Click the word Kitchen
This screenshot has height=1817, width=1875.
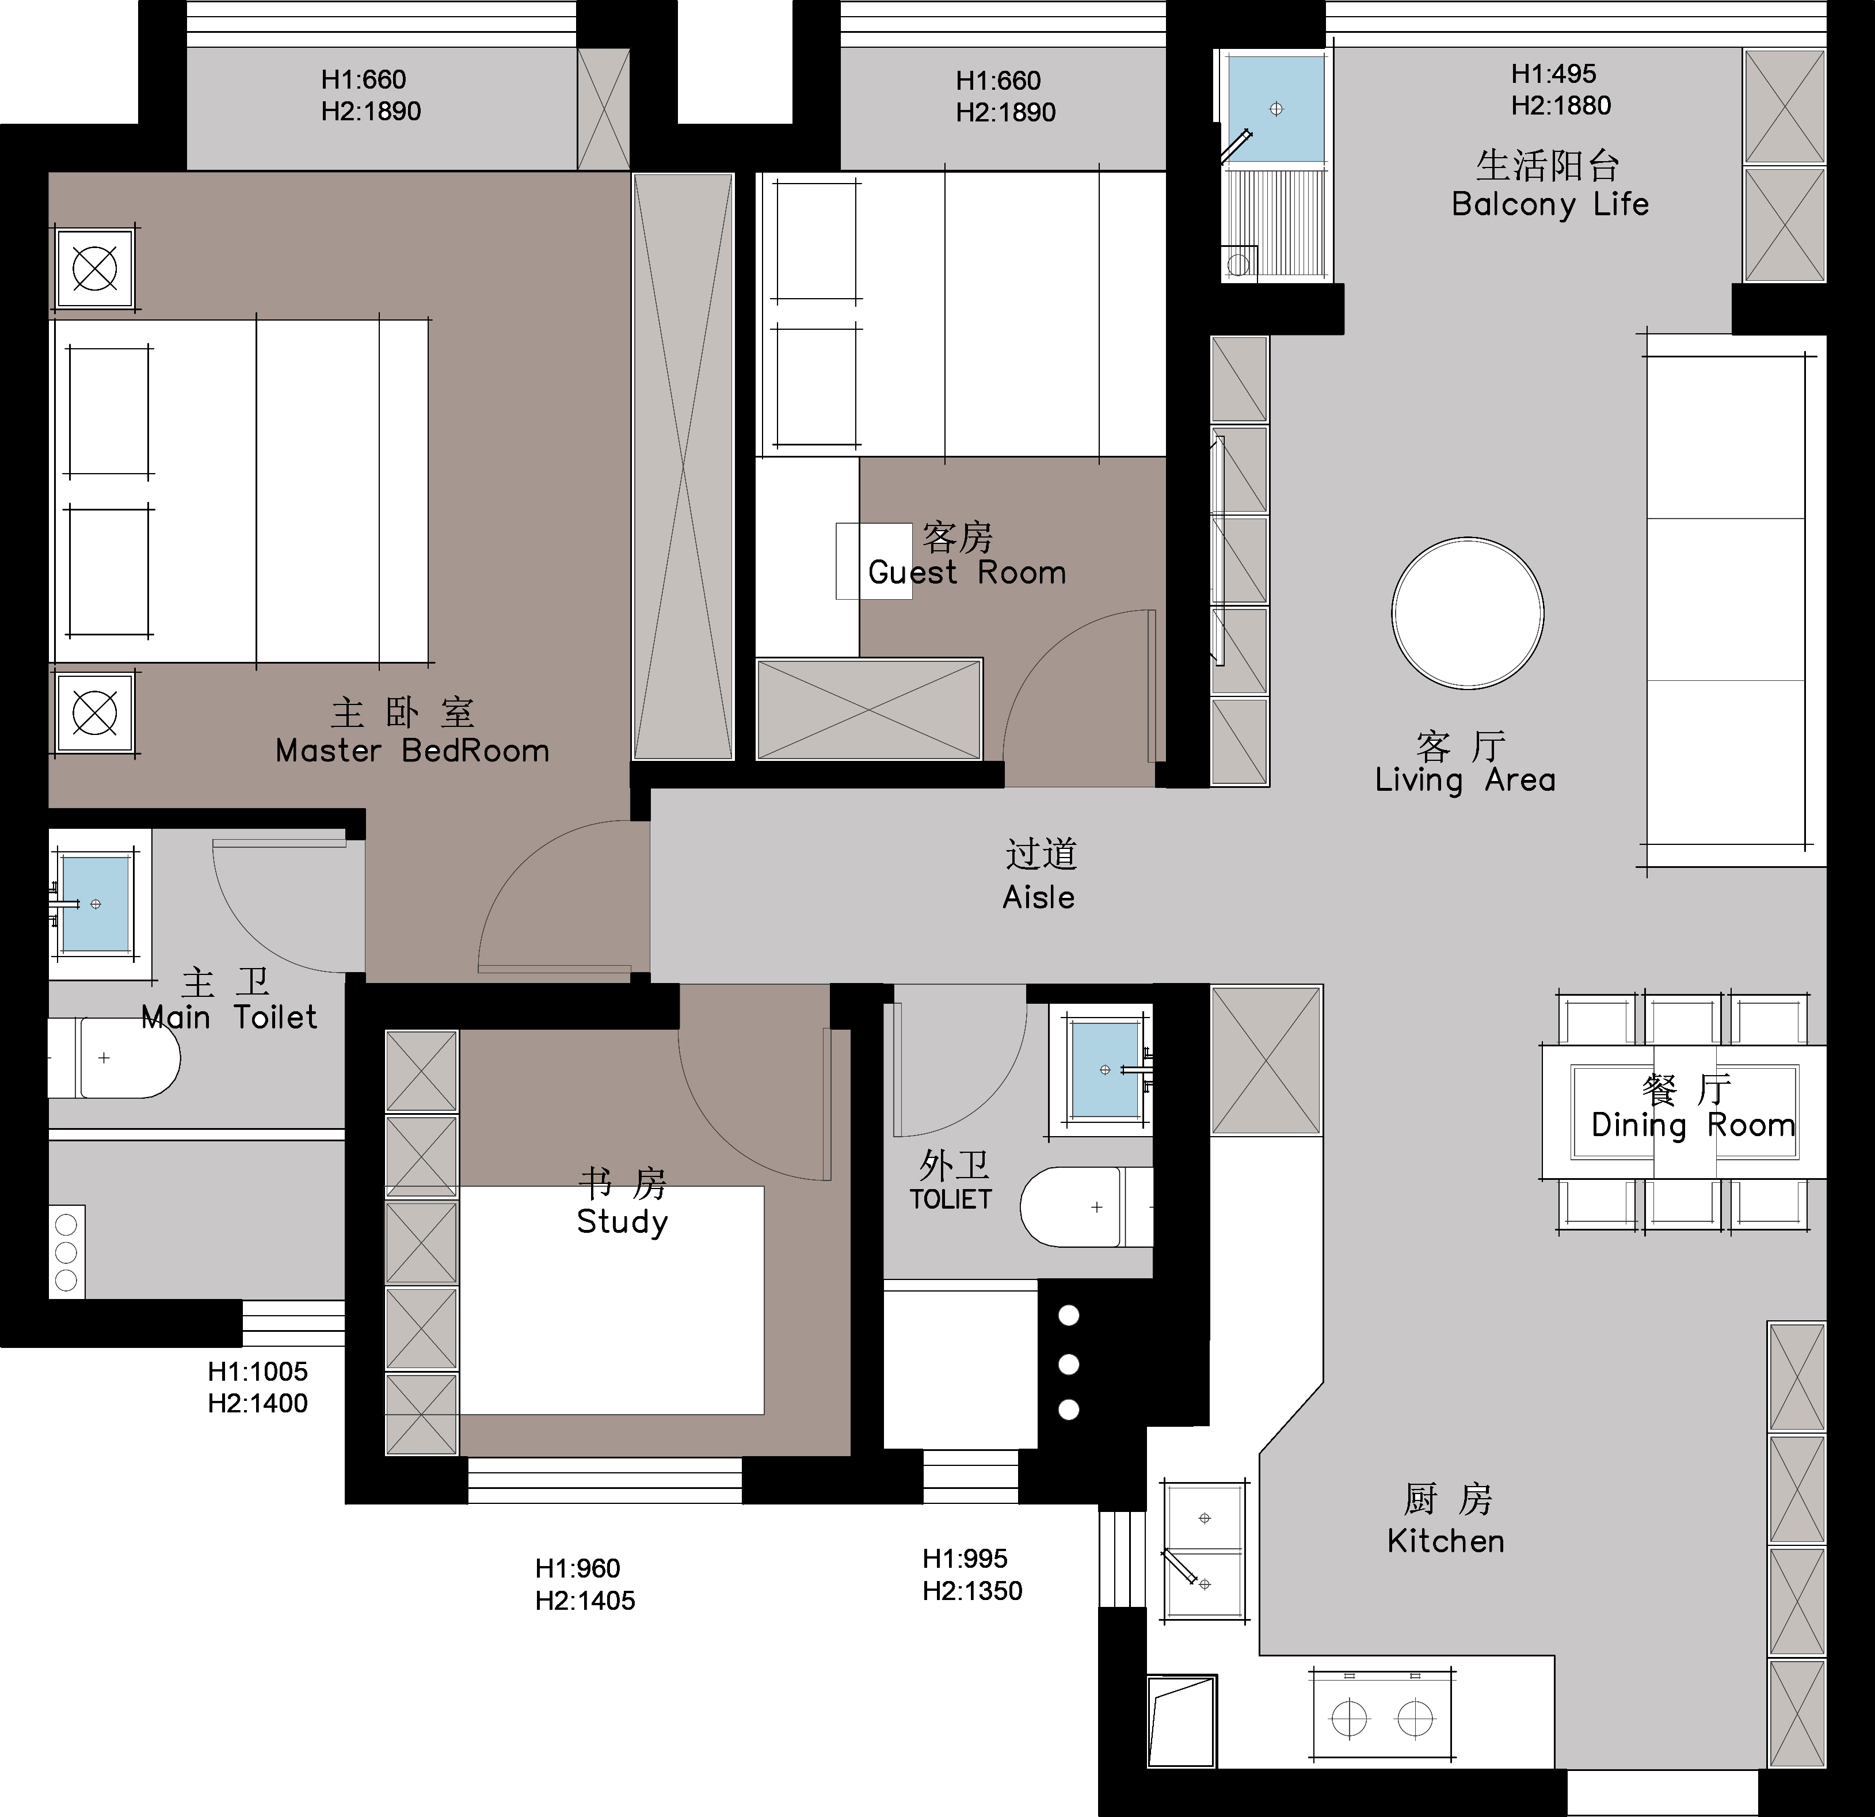pyautogui.click(x=1446, y=1541)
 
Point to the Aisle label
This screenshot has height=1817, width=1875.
pyautogui.click(x=1039, y=897)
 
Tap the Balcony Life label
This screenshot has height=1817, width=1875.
pyautogui.click(x=1550, y=204)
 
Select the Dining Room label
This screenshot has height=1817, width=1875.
pyautogui.click(x=1693, y=1125)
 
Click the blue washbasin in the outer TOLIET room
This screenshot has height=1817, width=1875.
pyautogui.click(x=1106, y=1070)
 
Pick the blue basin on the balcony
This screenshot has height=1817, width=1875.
pyautogui.click(x=1276, y=108)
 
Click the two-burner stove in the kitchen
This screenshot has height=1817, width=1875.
pyautogui.click(x=1382, y=1719)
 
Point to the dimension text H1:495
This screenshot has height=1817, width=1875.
pyautogui.click(x=1553, y=74)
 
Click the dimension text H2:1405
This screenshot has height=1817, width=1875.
pyautogui.click(x=585, y=1601)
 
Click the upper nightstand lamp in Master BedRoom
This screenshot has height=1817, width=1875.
pyautogui.click(x=95, y=268)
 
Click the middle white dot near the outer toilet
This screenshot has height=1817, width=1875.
pyautogui.click(x=1069, y=1363)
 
